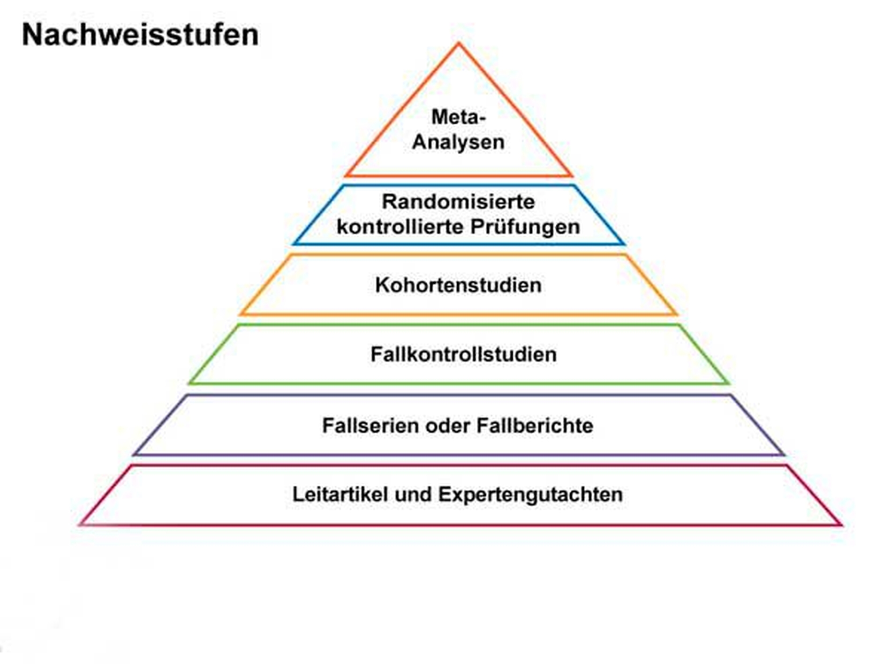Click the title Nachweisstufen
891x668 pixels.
tap(140, 35)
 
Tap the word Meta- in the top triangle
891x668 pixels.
tap(458, 117)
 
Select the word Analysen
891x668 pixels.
tap(458, 142)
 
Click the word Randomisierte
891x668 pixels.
tap(458, 202)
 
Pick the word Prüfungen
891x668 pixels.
tap(525, 227)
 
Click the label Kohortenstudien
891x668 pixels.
tap(458, 285)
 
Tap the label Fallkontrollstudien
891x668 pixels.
tap(463, 354)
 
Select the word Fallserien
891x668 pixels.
tap(370, 426)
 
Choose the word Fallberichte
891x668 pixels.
tap(535, 426)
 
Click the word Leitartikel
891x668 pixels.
tap(340, 495)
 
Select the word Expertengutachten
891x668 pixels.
tap(530, 495)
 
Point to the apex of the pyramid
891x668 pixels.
tap(459, 44)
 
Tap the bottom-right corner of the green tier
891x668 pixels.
tap(728, 383)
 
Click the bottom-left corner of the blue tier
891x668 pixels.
tap(294, 243)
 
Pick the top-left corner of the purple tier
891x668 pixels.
tap(187, 396)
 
